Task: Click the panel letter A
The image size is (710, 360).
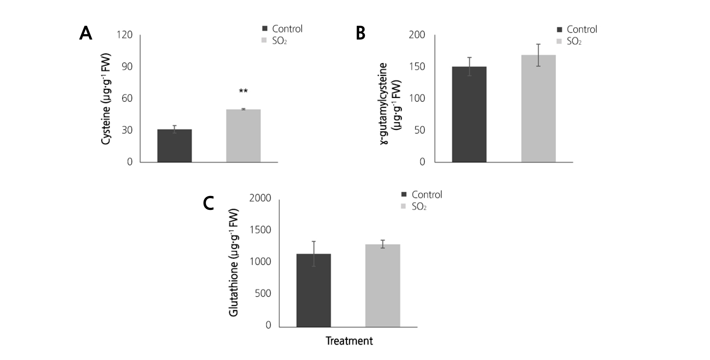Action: coord(85,33)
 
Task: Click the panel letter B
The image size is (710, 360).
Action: coord(361,33)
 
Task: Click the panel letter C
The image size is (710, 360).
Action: coord(208,203)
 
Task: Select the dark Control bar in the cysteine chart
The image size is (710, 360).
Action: coord(175,146)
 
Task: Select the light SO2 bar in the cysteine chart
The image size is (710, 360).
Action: coord(243,136)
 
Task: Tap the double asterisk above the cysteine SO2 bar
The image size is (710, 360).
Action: coord(243,91)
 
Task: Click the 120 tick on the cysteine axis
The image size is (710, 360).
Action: coord(124,35)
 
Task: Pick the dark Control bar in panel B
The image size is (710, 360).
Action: coord(469,114)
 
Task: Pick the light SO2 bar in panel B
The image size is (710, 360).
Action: coord(538,108)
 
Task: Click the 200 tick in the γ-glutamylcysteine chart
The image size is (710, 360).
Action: coord(417,35)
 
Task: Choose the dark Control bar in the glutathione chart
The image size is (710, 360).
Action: coord(314,290)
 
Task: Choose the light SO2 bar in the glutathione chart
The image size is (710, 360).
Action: coord(383,286)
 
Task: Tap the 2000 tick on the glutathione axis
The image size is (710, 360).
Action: coord(260,198)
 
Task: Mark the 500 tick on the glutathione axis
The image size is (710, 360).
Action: coord(263,293)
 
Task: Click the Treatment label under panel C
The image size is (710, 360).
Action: coord(349,341)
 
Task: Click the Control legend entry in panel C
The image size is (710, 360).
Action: coord(422,194)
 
